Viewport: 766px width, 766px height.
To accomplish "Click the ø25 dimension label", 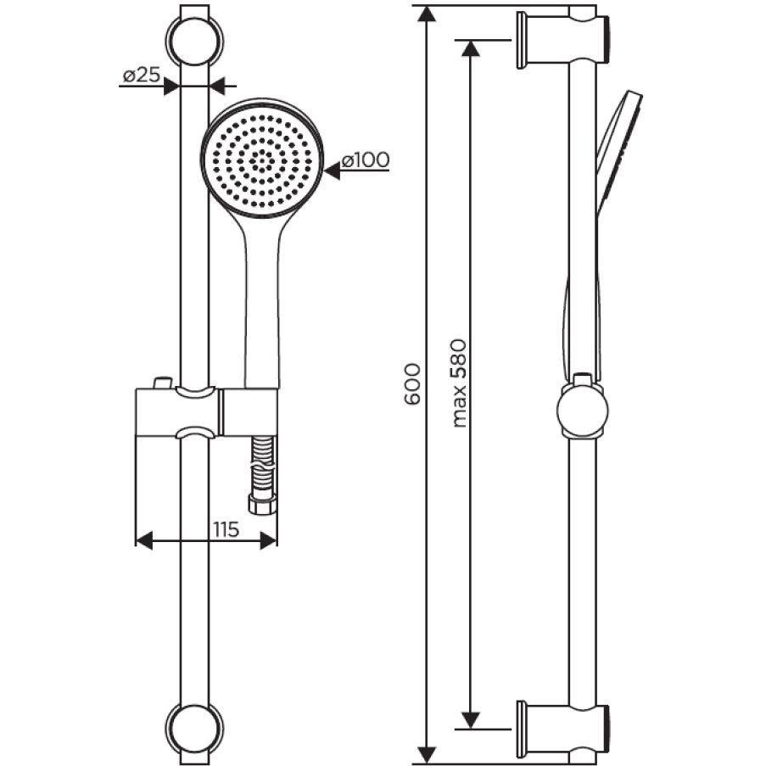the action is [x=141, y=75].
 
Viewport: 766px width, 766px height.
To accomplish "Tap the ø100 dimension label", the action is [x=366, y=159].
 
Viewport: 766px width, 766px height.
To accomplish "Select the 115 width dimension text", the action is [x=226, y=529].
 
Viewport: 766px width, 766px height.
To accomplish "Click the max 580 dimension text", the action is [x=459, y=383].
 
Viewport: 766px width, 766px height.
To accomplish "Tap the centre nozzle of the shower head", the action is [x=262, y=159].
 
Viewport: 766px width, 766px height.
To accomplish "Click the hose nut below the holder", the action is [x=262, y=504].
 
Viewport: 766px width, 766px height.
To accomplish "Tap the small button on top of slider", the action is [x=162, y=382].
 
